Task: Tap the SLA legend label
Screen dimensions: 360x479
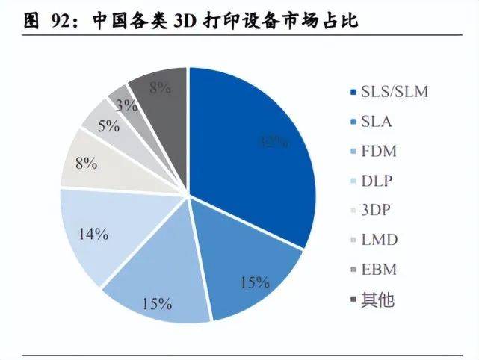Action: (377, 122)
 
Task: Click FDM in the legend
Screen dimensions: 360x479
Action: (378, 152)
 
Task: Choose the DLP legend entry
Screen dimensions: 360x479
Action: (377, 181)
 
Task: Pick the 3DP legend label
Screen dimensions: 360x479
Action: (377, 211)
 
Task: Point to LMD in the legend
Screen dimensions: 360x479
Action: (378, 240)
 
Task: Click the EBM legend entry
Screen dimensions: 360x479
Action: (378, 270)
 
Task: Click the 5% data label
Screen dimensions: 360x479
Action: (108, 125)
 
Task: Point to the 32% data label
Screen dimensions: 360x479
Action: (274, 143)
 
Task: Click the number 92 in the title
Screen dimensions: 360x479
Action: (60, 20)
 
